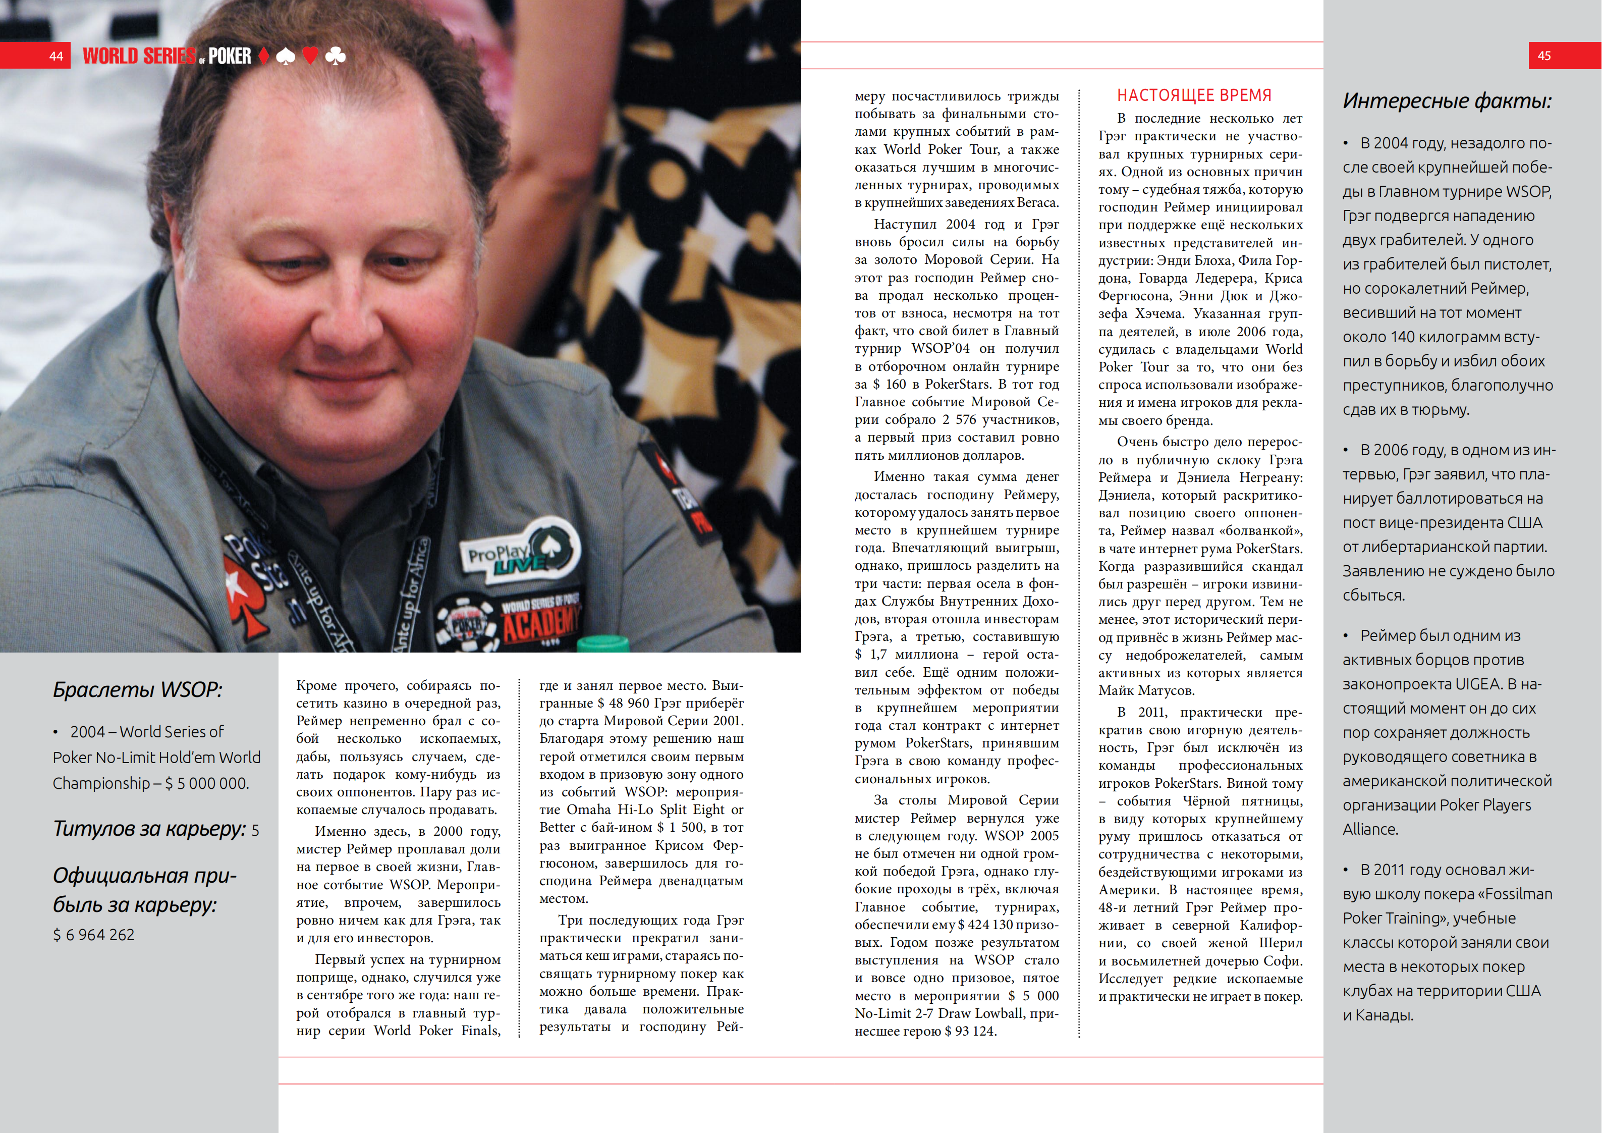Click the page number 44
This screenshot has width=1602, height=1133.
tap(56, 56)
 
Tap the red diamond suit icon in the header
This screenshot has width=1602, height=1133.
tap(264, 56)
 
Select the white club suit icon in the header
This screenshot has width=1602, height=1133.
tap(336, 56)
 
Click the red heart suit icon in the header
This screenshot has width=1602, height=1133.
tap(310, 56)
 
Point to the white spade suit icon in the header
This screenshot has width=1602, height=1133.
tap(286, 56)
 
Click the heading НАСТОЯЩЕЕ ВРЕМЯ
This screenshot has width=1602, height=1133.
tap(1194, 96)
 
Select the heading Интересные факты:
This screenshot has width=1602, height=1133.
tap(1447, 101)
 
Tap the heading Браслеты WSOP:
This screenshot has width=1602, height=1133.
tap(137, 690)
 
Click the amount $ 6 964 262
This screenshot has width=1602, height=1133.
tap(93, 935)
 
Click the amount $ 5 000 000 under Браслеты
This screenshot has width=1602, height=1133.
tap(206, 783)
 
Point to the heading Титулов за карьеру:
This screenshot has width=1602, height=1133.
tap(149, 829)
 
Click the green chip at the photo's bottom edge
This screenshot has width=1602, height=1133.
tap(603, 643)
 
